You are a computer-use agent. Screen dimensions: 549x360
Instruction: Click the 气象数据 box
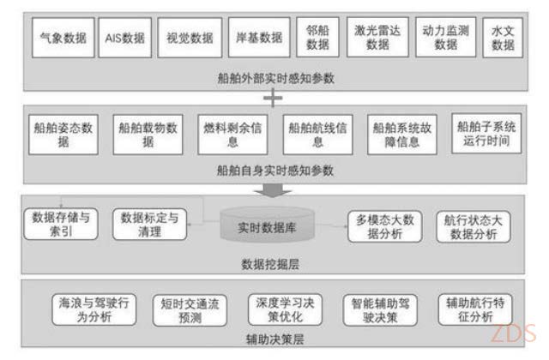[63, 38]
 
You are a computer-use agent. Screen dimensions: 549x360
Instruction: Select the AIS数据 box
[125, 38]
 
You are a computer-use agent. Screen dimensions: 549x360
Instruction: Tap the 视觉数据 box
[190, 38]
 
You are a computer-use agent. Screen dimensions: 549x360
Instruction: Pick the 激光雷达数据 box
[377, 37]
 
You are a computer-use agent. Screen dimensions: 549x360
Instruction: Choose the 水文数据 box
[503, 38]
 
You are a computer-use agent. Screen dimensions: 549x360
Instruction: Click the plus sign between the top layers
[273, 98]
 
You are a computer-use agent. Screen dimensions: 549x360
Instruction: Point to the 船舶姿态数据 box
[63, 135]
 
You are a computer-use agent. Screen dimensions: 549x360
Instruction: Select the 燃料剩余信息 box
[232, 135]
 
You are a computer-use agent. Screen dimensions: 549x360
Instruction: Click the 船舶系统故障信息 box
[402, 135]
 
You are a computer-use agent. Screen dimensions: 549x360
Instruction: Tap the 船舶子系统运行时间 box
[486, 134]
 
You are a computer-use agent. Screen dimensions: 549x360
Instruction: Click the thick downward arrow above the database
[273, 190]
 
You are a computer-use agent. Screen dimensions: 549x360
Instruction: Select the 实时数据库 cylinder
[267, 225]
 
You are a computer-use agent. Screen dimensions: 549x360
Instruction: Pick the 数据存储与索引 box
[61, 225]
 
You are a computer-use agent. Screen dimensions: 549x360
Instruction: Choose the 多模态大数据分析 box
[385, 226]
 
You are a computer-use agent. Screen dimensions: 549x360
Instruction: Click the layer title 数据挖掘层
[270, 264]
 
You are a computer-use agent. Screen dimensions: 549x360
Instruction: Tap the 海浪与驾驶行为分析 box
[94, 309]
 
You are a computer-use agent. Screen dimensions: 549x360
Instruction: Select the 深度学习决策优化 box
[285, 309]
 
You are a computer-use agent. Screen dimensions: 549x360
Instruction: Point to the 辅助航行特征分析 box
[475, 309]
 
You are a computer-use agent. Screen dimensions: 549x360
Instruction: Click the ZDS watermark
[513, 333]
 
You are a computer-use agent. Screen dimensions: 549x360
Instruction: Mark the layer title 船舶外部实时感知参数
[276, 78]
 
